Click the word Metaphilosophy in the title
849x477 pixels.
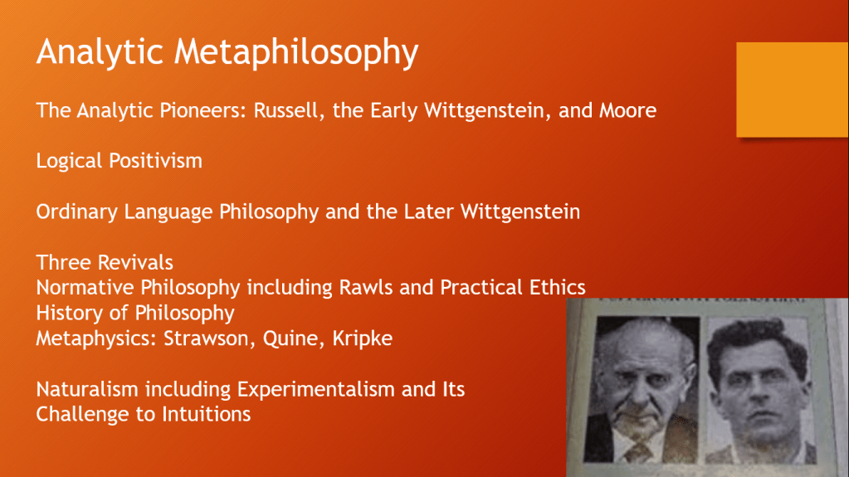coord(296,52)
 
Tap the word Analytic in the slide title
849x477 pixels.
coord(100,52)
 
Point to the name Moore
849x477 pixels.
coord(627,110)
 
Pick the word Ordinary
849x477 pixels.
coord(77,212)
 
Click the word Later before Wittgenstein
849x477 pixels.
coord(429,212)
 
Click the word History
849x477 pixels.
coord(72,313)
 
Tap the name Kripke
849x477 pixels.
coord(362,338)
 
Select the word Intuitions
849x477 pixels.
coord(207,414)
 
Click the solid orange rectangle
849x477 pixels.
coord(792,90)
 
